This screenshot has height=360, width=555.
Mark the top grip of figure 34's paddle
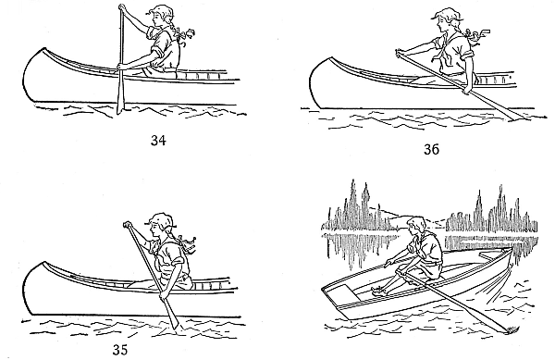121,9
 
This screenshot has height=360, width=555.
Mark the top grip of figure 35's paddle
127,225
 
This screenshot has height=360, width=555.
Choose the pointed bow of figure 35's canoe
28,273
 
